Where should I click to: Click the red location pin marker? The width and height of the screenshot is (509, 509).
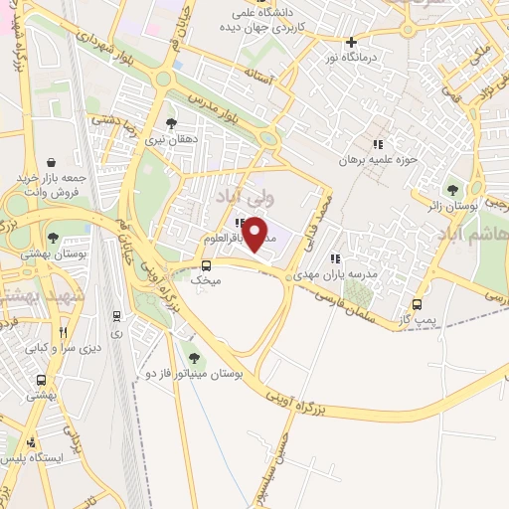(256, 235)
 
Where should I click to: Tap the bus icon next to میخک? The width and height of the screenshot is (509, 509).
(206, 265)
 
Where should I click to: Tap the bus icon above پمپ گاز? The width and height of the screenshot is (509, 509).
(417, 305)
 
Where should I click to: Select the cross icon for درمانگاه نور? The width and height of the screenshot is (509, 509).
(350, 42)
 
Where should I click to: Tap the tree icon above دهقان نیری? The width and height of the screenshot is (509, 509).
(173, 123)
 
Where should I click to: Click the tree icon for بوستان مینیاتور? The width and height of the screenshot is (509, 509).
(193, 357)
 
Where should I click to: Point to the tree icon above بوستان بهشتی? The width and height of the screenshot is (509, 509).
(52, 238)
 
